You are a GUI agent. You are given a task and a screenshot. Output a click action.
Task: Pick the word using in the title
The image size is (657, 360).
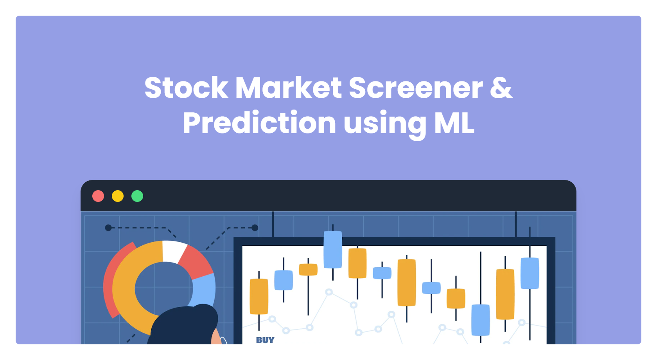385,125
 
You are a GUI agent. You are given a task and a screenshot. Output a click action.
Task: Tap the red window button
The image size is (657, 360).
98,196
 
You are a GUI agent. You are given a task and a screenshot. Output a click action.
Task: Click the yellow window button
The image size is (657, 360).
118,196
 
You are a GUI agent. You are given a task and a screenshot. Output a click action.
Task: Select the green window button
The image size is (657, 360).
137,196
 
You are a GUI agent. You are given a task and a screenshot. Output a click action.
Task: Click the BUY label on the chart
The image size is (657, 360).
265,340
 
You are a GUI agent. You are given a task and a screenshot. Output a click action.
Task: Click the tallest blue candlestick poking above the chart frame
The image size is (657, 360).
333,250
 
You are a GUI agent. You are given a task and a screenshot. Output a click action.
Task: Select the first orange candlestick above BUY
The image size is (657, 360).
259,297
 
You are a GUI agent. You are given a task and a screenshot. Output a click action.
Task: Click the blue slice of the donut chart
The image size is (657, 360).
204,290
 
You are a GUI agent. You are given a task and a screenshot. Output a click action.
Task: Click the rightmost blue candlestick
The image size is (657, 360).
530,274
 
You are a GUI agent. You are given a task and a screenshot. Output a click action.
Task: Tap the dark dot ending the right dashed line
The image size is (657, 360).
255,228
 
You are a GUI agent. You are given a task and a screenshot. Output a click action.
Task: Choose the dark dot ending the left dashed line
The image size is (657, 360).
108,228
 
